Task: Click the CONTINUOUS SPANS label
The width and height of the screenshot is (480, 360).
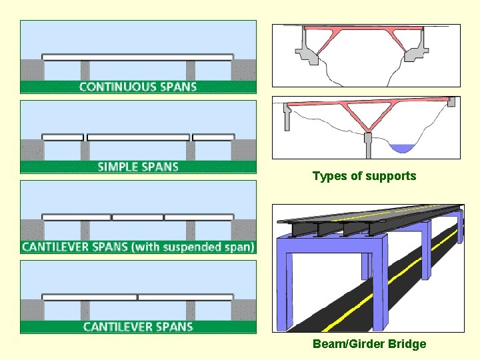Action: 138,87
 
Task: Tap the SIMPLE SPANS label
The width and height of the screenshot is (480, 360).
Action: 138,167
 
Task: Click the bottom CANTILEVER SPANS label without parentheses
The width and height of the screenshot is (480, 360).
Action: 138,327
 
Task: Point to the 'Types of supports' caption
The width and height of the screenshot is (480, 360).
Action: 364,177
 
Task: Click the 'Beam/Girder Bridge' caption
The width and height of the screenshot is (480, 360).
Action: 369,344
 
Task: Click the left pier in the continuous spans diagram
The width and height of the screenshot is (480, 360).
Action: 85,70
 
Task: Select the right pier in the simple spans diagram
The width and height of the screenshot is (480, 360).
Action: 191,150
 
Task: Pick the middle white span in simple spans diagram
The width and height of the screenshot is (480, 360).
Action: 138,137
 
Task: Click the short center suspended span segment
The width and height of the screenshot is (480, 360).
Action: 138,217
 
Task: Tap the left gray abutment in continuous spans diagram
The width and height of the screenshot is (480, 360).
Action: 31,70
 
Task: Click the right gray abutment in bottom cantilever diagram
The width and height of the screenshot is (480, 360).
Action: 244,310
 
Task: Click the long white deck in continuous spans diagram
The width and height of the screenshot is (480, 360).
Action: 138,57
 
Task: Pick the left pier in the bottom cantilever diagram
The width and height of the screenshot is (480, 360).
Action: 85,310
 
